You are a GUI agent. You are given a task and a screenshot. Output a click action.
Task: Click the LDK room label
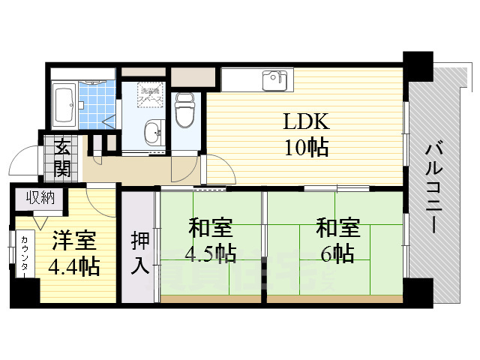[x=305, y=121]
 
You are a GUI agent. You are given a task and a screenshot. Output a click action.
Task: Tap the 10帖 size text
[x=305, y=148]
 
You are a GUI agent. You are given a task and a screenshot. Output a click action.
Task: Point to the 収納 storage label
[x=41, y=198]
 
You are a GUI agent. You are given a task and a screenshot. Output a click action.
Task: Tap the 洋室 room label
[x=73, y=241]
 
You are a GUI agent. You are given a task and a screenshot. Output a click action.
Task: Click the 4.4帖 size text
[x=73, y=267]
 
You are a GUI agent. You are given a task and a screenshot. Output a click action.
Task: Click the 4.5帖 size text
[x=211, y=253]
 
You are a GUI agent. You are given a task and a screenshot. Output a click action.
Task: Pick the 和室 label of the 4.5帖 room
[x=210, y=226]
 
